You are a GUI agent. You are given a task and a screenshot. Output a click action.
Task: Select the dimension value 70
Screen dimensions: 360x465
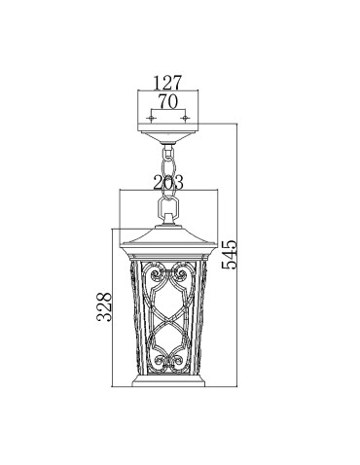168,99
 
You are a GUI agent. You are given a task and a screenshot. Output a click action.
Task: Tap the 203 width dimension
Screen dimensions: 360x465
168,180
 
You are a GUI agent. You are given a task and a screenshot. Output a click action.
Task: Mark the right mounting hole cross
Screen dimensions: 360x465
185,119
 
